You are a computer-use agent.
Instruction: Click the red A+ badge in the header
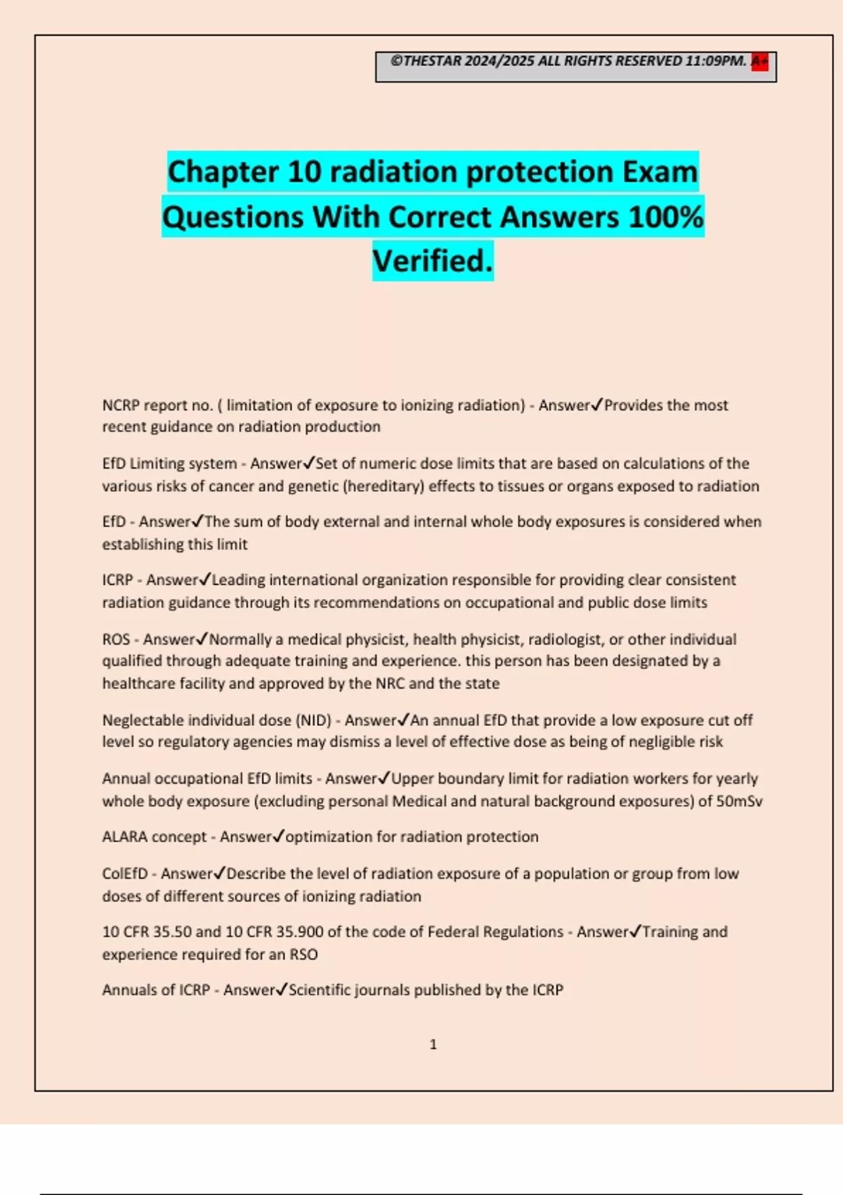click(x=759, y=62)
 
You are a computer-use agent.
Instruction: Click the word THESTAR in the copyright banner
click(x=433, y=61)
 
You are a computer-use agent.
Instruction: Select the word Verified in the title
click(x=432, y=261)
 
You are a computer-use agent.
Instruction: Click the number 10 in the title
click(x=304, y=172)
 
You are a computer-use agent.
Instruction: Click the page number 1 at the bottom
click(x=433, y=1045)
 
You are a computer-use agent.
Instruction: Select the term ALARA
click(x=125, y=836)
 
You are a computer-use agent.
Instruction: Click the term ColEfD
click(x=125, y=873)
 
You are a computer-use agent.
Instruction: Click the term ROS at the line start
click(x=116, y=639)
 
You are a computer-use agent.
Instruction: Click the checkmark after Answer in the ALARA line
click(x=278, y=836)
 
